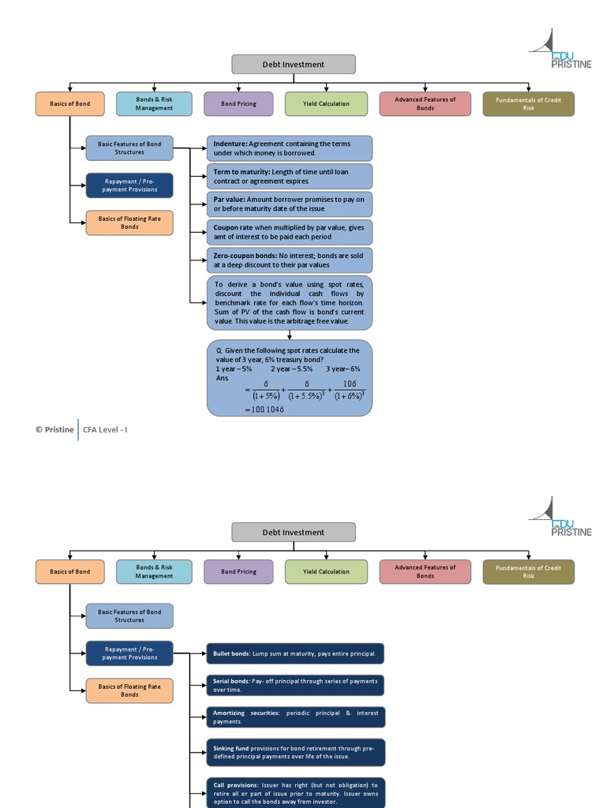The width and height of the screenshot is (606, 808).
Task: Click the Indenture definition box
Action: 289,148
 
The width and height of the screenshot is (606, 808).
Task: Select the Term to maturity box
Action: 289,176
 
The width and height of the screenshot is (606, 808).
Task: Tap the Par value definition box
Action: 289,204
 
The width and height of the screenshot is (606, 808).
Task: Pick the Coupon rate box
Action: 289,232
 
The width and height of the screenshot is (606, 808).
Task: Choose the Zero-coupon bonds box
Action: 289,260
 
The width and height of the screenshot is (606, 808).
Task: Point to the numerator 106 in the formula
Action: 350,384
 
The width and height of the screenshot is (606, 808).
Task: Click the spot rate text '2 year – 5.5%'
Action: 292,369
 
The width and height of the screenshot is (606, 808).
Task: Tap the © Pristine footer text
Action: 54,430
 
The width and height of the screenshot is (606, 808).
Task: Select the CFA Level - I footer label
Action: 105,430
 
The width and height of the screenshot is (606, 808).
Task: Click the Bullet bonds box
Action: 295,653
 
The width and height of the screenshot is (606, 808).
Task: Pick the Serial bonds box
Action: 295,686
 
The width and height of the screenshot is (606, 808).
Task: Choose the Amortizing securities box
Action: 295,717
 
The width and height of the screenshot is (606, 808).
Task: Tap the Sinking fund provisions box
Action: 295,752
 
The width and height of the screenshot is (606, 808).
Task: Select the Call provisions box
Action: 295,792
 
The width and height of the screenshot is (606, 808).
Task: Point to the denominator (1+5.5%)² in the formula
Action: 307,396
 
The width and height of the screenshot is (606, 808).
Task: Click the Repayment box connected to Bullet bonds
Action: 129,653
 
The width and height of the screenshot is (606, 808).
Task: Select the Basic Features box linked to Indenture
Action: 129,148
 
